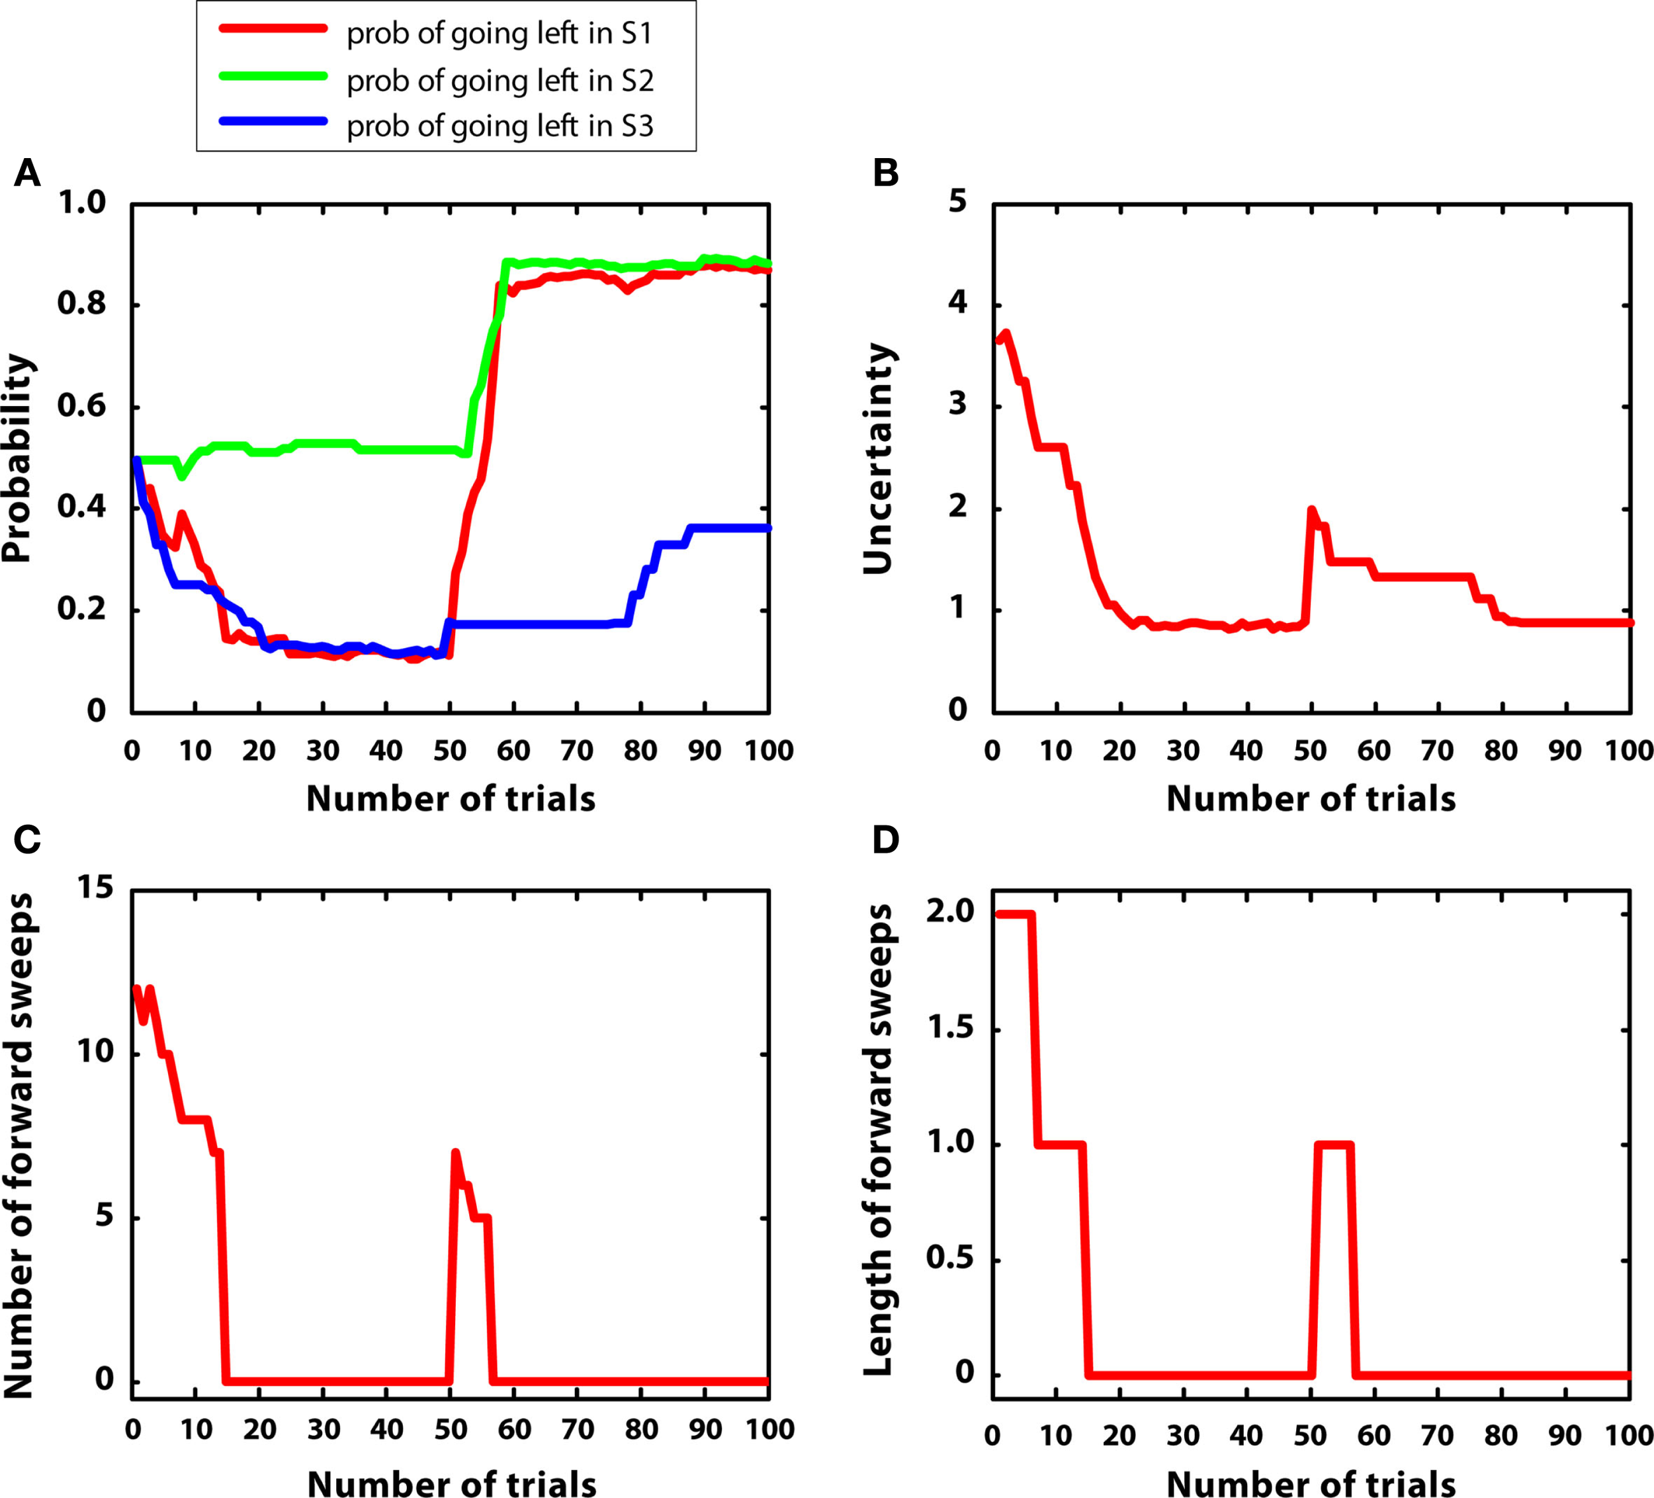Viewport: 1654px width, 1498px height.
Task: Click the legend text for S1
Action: (x=499, y=34)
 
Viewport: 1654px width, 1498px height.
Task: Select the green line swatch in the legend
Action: (x=273, y=76)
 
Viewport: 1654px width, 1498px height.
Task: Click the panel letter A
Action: (x=27, y=174)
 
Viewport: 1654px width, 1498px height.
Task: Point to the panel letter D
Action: (x=886, y=840)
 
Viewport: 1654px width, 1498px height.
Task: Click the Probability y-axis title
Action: (x=17, y=458)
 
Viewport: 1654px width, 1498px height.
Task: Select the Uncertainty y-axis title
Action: (x=878, y=458)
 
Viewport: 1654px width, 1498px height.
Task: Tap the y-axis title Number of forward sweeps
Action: (x=18, y=1146)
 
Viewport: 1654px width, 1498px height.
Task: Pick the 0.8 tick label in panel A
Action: (x=81, y=304)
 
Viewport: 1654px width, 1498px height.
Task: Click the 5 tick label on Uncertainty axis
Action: (x=957, y=202)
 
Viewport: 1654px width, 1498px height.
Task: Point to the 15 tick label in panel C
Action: (x=95, y=888)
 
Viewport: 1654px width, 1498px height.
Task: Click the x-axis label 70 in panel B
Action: (x=1438, y=750)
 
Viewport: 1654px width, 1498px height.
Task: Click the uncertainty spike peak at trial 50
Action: (x=1311, y=511)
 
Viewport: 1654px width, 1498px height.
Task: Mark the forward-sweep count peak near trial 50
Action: (x=455, y=1153)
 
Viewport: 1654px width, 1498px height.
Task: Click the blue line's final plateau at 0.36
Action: (x=730, y=528)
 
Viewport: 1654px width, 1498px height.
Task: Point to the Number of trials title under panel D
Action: (x=1310, y=1485)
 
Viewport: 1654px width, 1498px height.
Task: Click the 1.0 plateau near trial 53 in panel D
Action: (x=1332, y=1144)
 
